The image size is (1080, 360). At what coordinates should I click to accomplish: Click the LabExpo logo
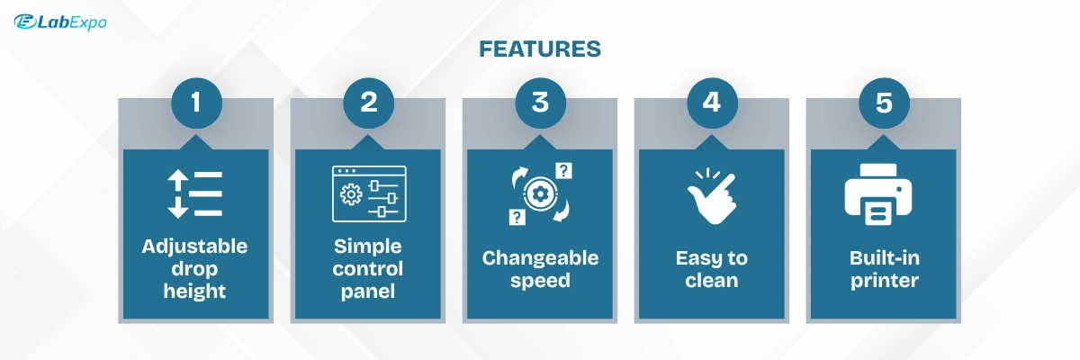coord(60,22)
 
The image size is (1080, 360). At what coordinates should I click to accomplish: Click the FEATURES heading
coord(540,49)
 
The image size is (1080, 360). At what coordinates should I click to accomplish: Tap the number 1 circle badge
coord(196,103)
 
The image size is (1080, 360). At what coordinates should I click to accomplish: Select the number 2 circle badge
coord(368,103)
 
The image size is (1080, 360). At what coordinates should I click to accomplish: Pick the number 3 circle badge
coord(540,103)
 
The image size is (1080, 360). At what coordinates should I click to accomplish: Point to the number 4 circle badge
coord(712,103)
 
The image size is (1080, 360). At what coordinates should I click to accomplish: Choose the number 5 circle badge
coord(884,103)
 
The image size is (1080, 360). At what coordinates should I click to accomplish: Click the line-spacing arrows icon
coord(194,193)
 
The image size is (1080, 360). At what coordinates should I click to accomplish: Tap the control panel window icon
coord(369,193)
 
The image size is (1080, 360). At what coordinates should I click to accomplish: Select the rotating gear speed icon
coord(541,193)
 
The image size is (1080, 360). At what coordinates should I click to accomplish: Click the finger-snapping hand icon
coord(712,196)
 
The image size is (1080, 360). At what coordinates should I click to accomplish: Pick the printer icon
coord(878,194)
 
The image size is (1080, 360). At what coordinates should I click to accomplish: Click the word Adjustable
coord(194,247)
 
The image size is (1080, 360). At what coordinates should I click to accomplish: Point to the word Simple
coord(367,247)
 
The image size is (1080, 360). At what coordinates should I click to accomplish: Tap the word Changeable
coord(540,258)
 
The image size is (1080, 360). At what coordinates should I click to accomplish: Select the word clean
coord(712,281)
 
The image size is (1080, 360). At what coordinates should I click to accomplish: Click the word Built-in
coord(884,258)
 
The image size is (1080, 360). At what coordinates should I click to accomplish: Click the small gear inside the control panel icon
coord(351,194)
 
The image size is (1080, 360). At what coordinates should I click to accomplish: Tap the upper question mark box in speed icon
coord(563,171)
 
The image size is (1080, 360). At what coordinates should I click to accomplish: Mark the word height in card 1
coord(194,292)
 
